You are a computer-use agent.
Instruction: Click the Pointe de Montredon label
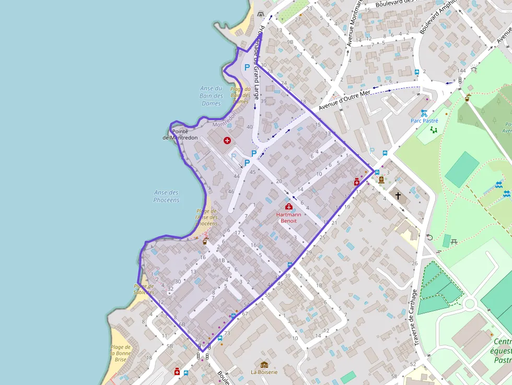tap(180, 134)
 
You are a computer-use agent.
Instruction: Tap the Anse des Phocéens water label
tap(167, 196)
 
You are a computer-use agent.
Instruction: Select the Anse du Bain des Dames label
tap(211, 96)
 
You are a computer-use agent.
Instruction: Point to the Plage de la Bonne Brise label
tap(120, 353)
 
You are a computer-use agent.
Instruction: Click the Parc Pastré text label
tap(424, 121)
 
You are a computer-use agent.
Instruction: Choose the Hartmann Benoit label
tap(289, 217)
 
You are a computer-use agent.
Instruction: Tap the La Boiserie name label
tap(264, 372)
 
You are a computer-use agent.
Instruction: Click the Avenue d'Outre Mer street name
tap(344, 99)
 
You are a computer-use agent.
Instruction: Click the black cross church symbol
tap(398, 196)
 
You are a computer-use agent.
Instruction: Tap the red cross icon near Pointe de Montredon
tap(227, 141)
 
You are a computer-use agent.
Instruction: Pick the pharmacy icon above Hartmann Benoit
tap(288, 207)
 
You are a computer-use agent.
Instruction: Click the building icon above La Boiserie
tap(264, 365)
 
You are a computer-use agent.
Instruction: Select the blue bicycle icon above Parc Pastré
tap(424, 113)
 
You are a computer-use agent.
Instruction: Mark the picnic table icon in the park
tap(454, 241)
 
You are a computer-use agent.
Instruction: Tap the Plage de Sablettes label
tap(144, 289)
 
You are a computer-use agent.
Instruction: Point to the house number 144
tap(461, 71)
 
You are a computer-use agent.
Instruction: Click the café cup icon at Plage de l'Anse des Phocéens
tap(205, 241)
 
